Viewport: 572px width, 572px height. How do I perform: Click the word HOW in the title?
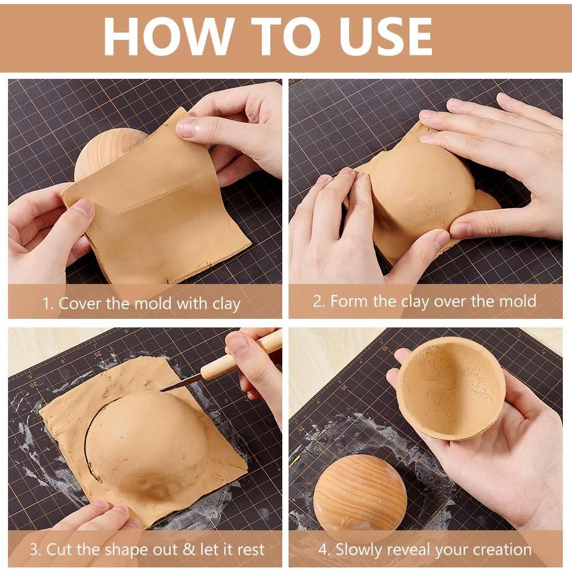pos(169,36)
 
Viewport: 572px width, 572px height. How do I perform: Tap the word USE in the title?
pos(385,36)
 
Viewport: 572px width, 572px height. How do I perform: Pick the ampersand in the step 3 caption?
pos(189,549)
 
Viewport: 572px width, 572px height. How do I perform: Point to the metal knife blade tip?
pos(162,391)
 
